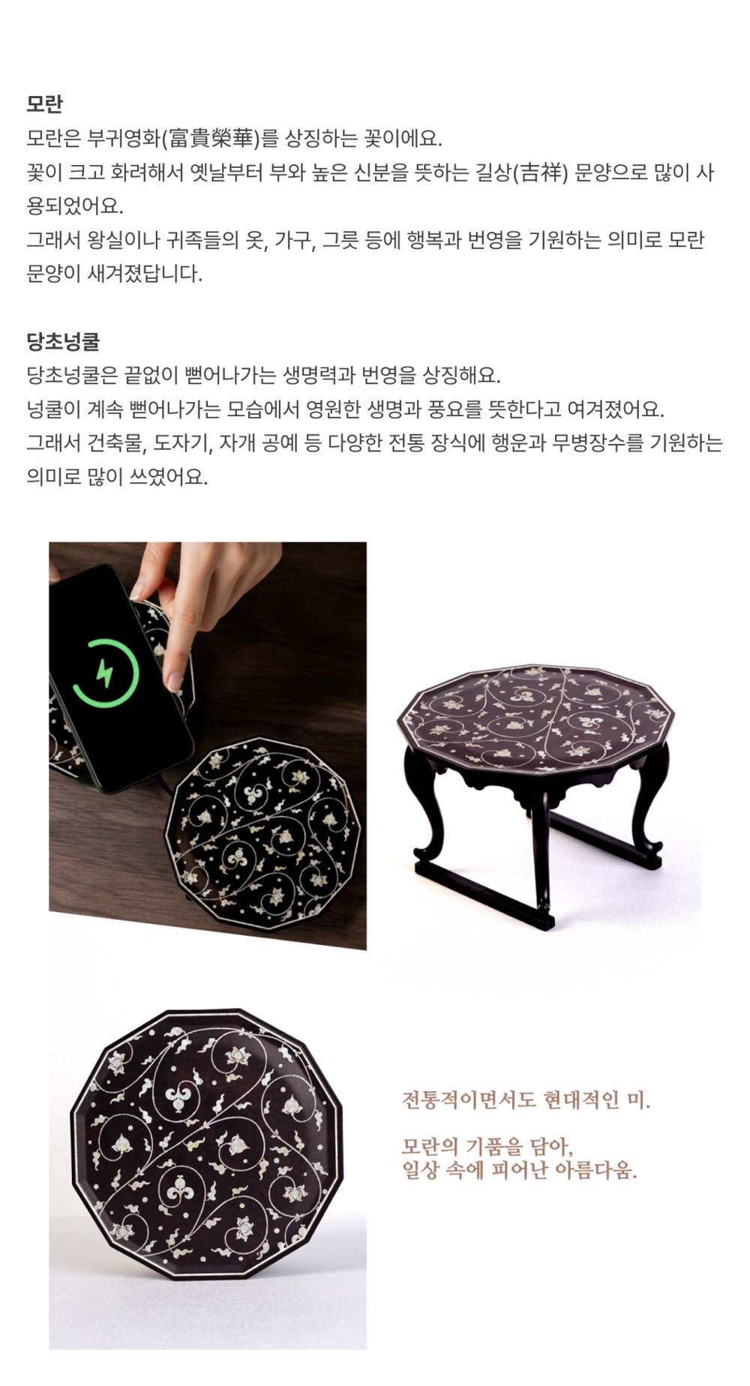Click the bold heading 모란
(44, 103)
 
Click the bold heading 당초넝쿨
(63, 341)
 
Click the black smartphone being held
(120, 679)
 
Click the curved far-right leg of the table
(650, 802)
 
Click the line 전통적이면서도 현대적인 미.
(526, 1100)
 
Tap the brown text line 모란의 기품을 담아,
(487, 1146)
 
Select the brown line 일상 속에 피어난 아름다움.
(520, 1170)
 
